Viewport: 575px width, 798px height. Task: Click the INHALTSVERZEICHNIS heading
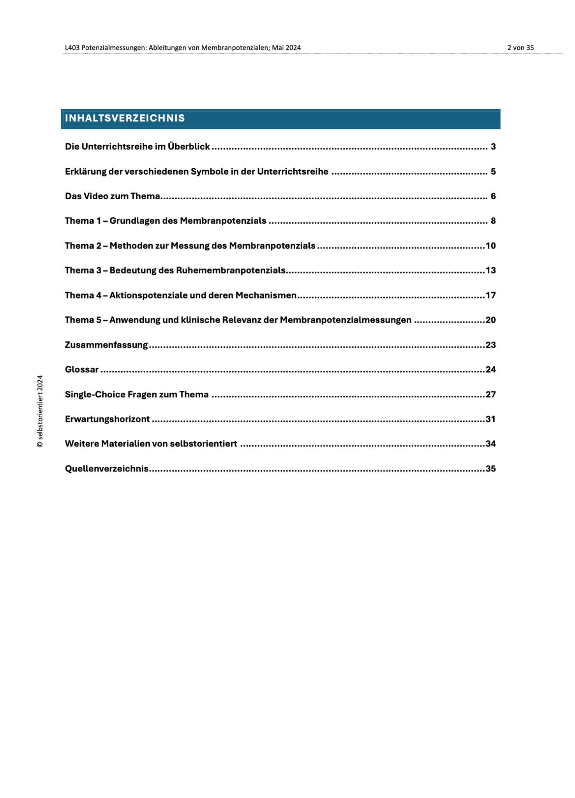[125, 118]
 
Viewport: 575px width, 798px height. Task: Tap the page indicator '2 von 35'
[520, 48]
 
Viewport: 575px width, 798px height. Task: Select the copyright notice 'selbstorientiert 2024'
[40, 411]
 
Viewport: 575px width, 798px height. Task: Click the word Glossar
[82, 369]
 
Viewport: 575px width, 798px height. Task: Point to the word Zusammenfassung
[106, 345]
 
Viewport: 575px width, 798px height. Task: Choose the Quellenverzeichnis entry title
[107, 468]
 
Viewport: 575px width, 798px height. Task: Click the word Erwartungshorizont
[107, 419]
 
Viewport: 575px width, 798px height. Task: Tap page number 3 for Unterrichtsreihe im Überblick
[493, 147]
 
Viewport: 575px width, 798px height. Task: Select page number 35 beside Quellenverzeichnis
[490, 468]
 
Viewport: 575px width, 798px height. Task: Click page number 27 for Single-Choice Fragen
[490, 394]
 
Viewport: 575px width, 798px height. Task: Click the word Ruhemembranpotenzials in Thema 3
[231, 270]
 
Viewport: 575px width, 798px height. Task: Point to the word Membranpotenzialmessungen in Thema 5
[346, 320]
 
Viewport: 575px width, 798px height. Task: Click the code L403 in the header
[72, 48]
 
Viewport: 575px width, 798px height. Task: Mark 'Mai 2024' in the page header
[286, 48]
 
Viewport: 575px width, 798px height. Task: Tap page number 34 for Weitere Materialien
[490, 444]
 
